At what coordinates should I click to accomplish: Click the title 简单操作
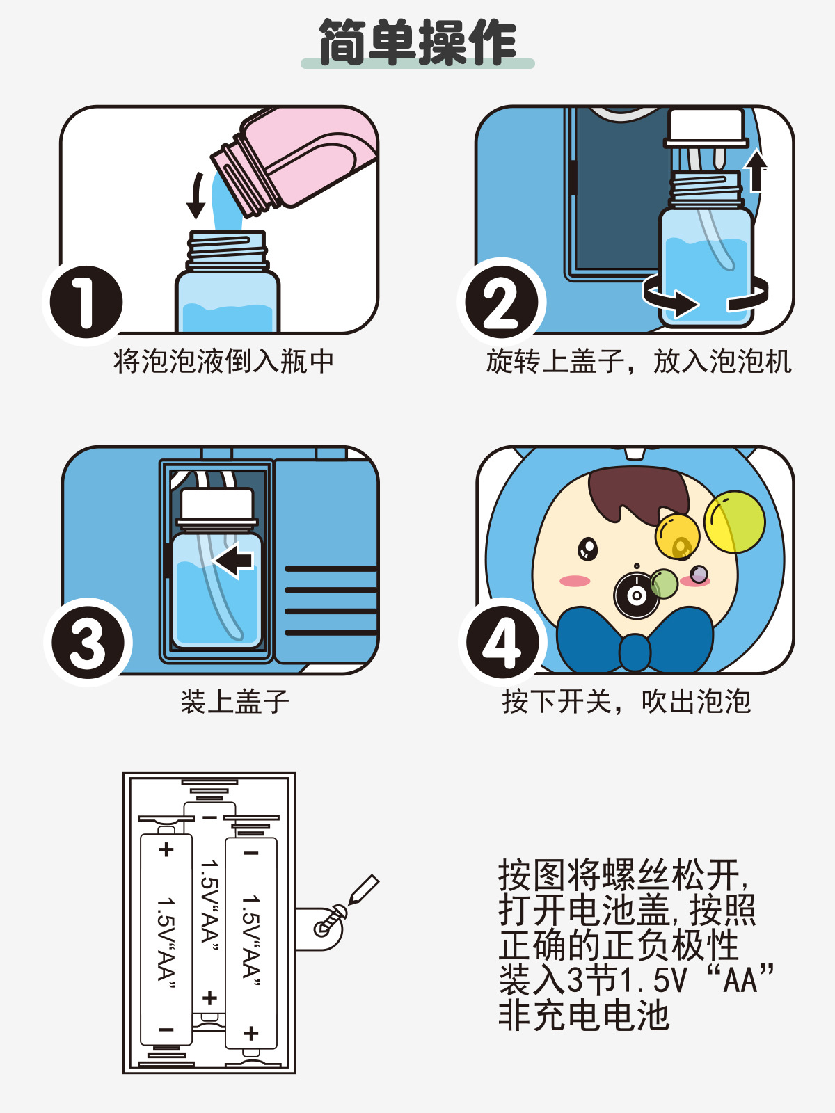[x=417, y=42]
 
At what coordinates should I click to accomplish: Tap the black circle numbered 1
[x=86, y=302]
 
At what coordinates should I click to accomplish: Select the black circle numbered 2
[x=502, y=302]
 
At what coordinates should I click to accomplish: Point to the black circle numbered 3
[x=88, y=643]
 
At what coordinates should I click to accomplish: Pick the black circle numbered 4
[x=502, y=643]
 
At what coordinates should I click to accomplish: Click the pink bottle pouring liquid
[x=294, y=160]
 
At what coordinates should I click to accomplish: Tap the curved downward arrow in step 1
[x=196, y=195]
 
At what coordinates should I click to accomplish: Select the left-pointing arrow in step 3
[x=232, y=560]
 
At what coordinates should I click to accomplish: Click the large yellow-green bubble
[x=735, y=521]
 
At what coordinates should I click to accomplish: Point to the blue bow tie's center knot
[x=634, y=652]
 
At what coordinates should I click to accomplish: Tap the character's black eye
[x=587, y=549]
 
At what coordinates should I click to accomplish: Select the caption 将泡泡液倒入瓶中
[x=223, y=362]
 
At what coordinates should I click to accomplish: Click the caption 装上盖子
[x=234, y=701]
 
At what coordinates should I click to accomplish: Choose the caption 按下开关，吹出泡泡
[x=626, y=701]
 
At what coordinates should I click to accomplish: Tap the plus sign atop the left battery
[x=166, y=849]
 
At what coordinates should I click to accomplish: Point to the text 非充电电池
[x=584, y=1015]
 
